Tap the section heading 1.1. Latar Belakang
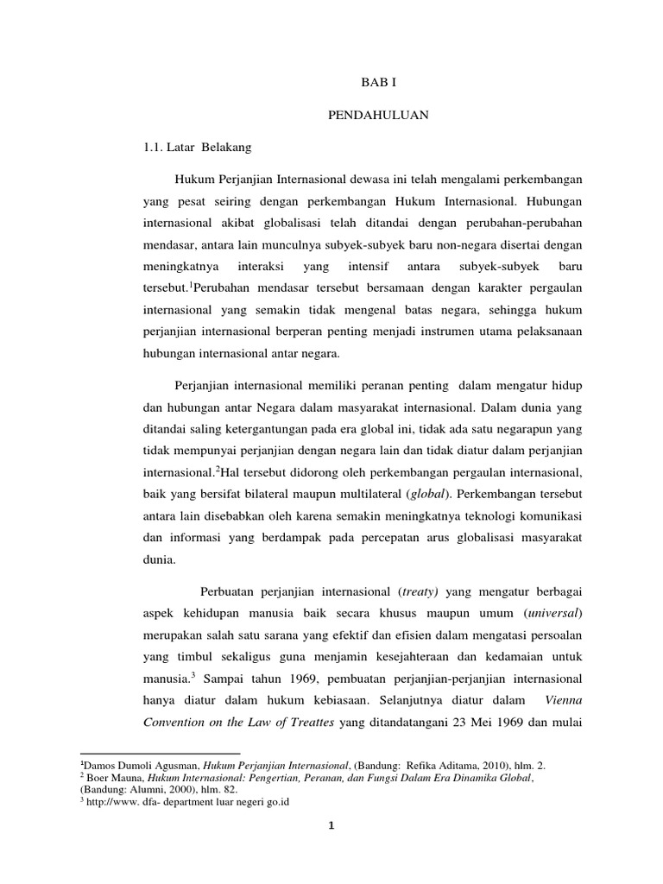195,147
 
